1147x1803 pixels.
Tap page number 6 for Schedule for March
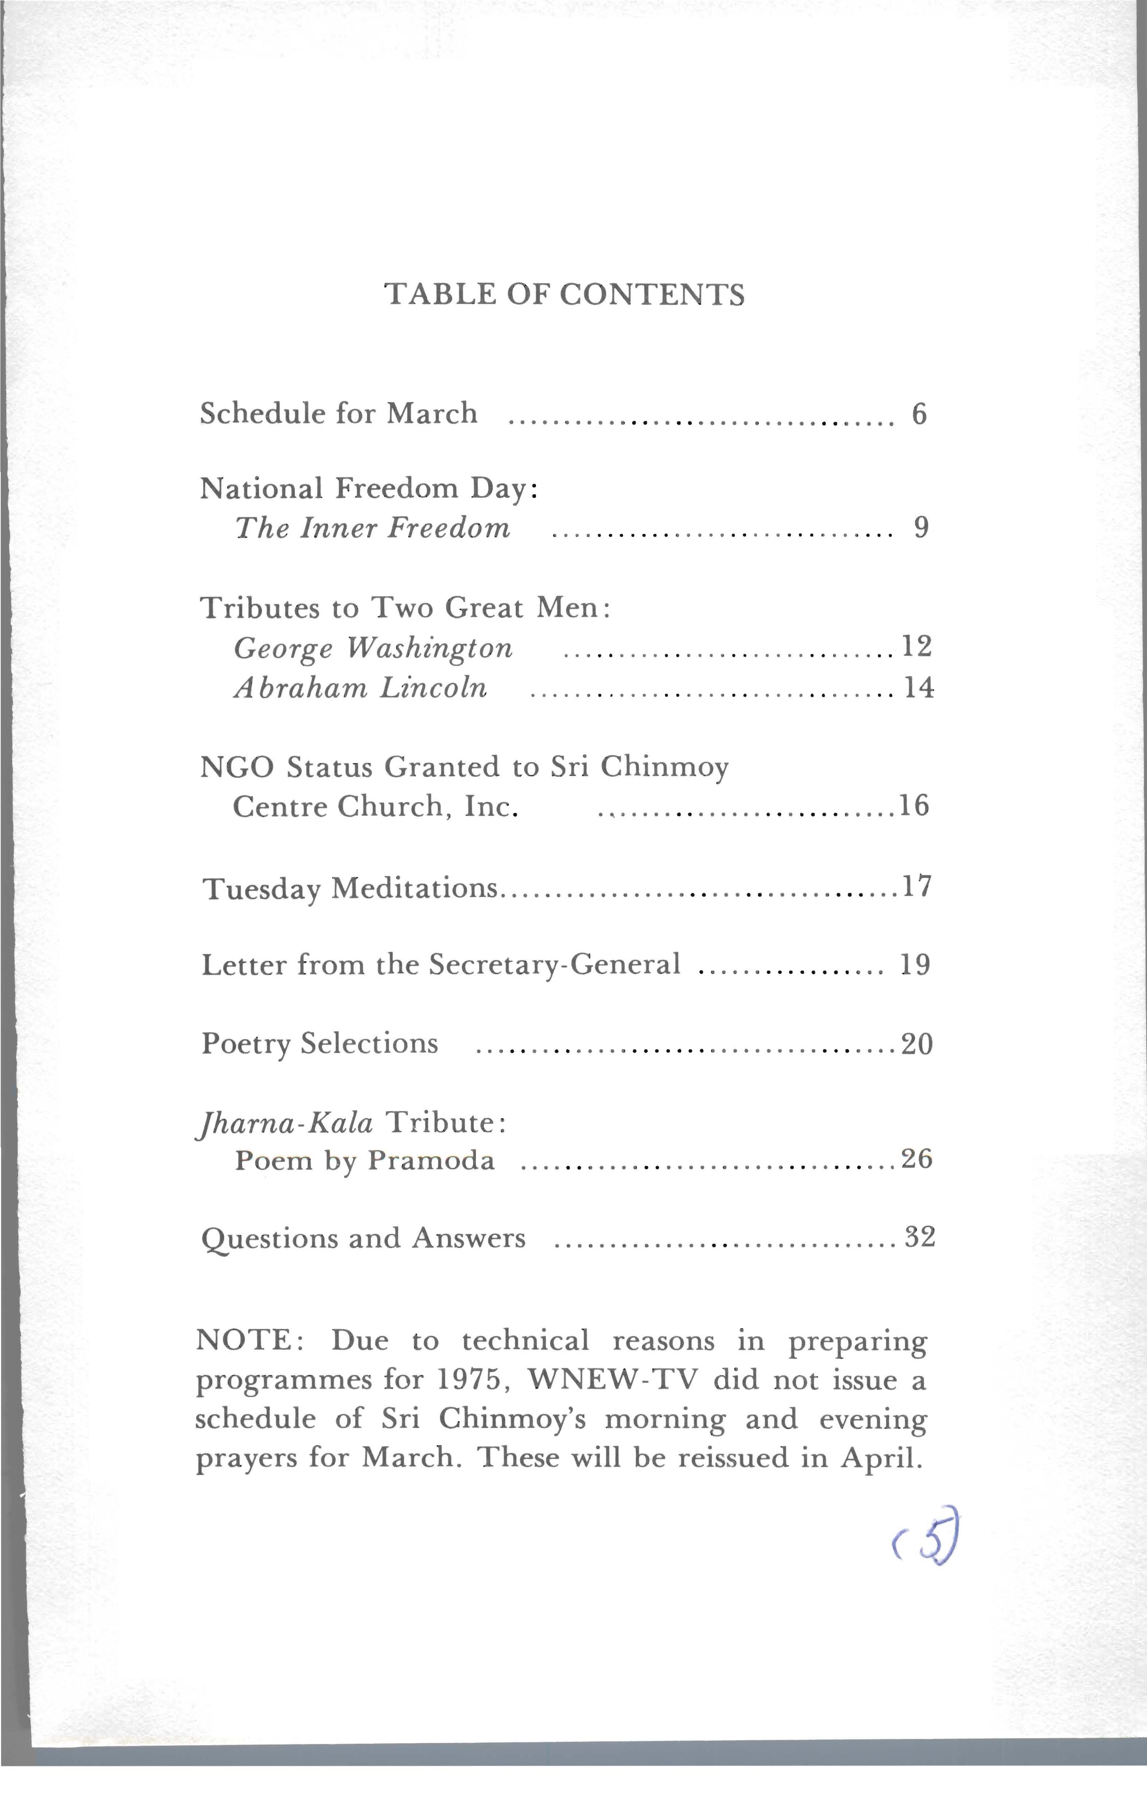(919, 414)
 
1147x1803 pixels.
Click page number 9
(921, 529)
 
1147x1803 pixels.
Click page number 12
(917, 645)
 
